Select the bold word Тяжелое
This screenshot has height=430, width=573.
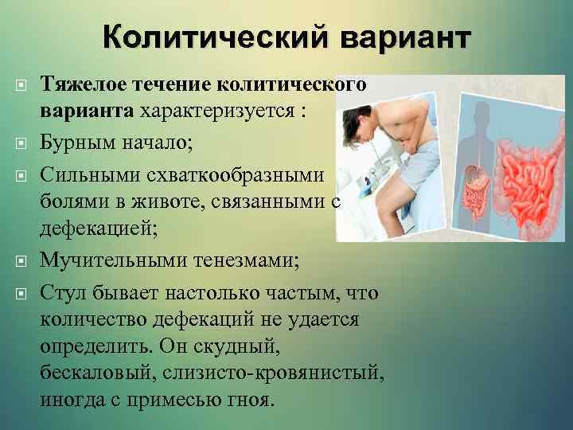click(x=79, y=84)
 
